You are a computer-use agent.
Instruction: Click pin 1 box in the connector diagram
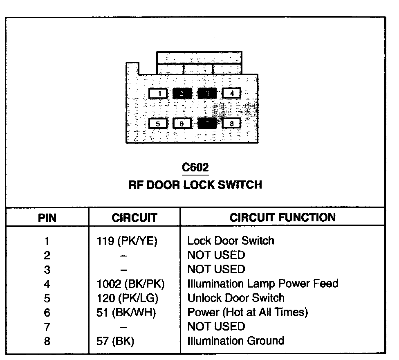[158, 94]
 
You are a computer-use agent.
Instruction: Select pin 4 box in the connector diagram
[231, 93]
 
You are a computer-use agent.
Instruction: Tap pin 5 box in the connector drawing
[158, 123]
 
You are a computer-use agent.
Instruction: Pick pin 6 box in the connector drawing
[182, 123]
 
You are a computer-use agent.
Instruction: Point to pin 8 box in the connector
[231, 123]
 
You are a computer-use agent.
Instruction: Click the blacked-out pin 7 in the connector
[207, 123]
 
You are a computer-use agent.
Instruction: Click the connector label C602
[195, 168]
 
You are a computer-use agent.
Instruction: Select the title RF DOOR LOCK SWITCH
[195, 185]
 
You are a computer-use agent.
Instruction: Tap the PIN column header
[47, 218]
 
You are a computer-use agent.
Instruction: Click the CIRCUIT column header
[134, 218]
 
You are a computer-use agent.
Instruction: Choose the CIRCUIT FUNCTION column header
[282, 217]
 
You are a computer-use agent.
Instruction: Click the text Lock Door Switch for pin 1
[231, 241]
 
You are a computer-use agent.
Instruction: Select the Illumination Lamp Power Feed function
[262, 283]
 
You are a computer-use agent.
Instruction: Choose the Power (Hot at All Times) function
[247, 313]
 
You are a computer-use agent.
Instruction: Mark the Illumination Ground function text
[235, 341]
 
